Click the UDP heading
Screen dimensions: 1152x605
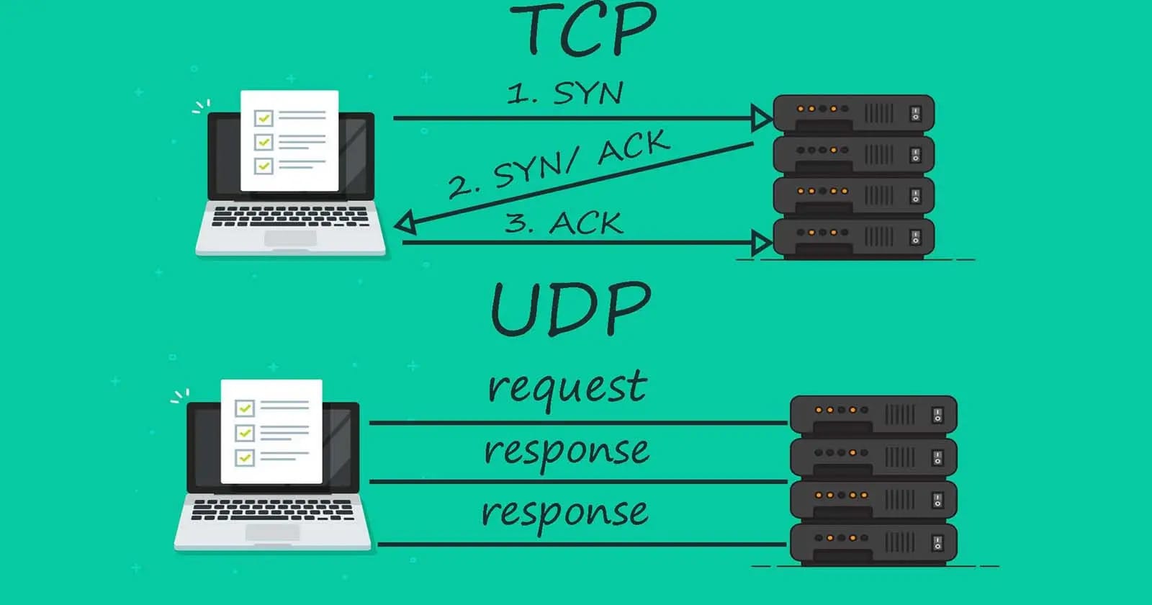(x=571, y=310)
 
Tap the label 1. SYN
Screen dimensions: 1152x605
(x=564, y=93)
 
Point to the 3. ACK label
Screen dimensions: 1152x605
(x=564, y=223)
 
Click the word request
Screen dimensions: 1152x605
(x=567, y=390)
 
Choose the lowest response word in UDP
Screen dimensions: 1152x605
(x=564, y=514)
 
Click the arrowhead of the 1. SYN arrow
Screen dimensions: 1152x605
(x=761, y=118)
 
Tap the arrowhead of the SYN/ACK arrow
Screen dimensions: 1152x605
(x=405, y=223)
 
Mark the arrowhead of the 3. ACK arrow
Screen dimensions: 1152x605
(x=761, y=243)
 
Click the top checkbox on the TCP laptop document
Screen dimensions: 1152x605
(x=264, y=118)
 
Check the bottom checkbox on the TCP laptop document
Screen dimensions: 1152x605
(x=264, y=166)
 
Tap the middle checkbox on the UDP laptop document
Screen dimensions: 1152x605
(x=244, y=433)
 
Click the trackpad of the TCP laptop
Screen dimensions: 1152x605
(x=291, y=238)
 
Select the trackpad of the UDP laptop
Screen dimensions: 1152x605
(x=272, y=533)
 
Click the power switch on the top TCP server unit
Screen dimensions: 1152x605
(x=915, y=114)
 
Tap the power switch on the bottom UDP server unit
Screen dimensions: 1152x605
(x=937, y=543)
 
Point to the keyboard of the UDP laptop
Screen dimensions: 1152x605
(x=273, y=510)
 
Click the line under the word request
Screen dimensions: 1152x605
(x=579, y=423)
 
